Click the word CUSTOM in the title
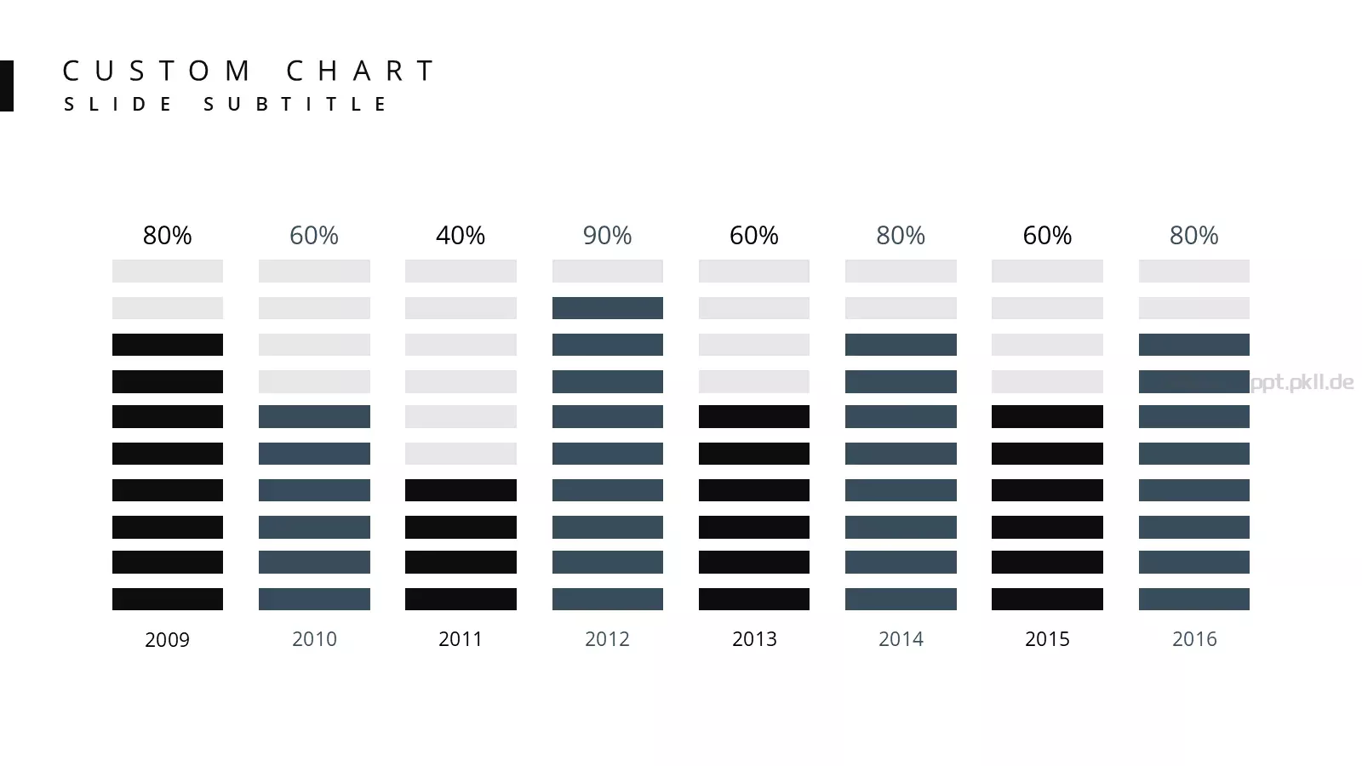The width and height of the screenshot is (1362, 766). point(157,71)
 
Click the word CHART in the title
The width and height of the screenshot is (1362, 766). point(360,71)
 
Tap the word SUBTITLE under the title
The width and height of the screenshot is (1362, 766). point(295,104)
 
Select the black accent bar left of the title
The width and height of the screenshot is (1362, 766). point(7,86)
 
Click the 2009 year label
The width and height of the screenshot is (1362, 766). point(167,639)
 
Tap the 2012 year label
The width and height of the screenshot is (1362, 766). point(607,639)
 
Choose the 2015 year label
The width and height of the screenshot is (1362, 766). point(1047,639)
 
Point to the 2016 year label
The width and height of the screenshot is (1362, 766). point(1194,639)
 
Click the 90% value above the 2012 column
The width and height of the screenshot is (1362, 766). point(607,235)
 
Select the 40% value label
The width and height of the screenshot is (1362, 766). point(461,235)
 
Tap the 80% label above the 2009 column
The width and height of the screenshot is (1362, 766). point(167,235)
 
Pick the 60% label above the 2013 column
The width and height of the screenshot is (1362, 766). point(754,235)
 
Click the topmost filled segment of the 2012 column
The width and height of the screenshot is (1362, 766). point(608,308)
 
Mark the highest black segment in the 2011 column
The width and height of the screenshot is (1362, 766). point(461,490)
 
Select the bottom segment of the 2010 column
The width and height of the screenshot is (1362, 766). point(314,599)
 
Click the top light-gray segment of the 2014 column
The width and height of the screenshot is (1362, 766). point(901,272)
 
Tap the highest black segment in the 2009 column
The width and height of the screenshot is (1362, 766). point(167,345)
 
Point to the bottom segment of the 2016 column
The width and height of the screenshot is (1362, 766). point(1194,599)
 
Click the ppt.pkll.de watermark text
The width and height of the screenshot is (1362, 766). point(1302,382)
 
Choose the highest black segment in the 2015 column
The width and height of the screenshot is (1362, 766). point(1047,416)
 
